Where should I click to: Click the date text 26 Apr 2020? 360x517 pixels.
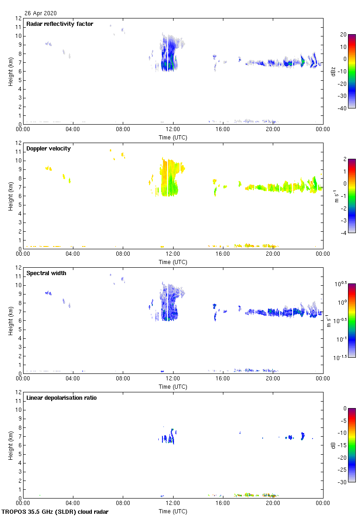(41, 13)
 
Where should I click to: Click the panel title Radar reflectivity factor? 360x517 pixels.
(60, 24)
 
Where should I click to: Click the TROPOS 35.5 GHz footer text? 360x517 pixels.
(55, 511)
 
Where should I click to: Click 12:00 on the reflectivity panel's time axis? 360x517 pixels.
(173, 130)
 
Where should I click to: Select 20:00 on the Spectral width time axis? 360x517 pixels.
(273, 379)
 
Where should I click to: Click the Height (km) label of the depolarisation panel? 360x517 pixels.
(10, 445)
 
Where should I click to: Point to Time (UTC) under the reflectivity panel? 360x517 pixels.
(173, 137)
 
